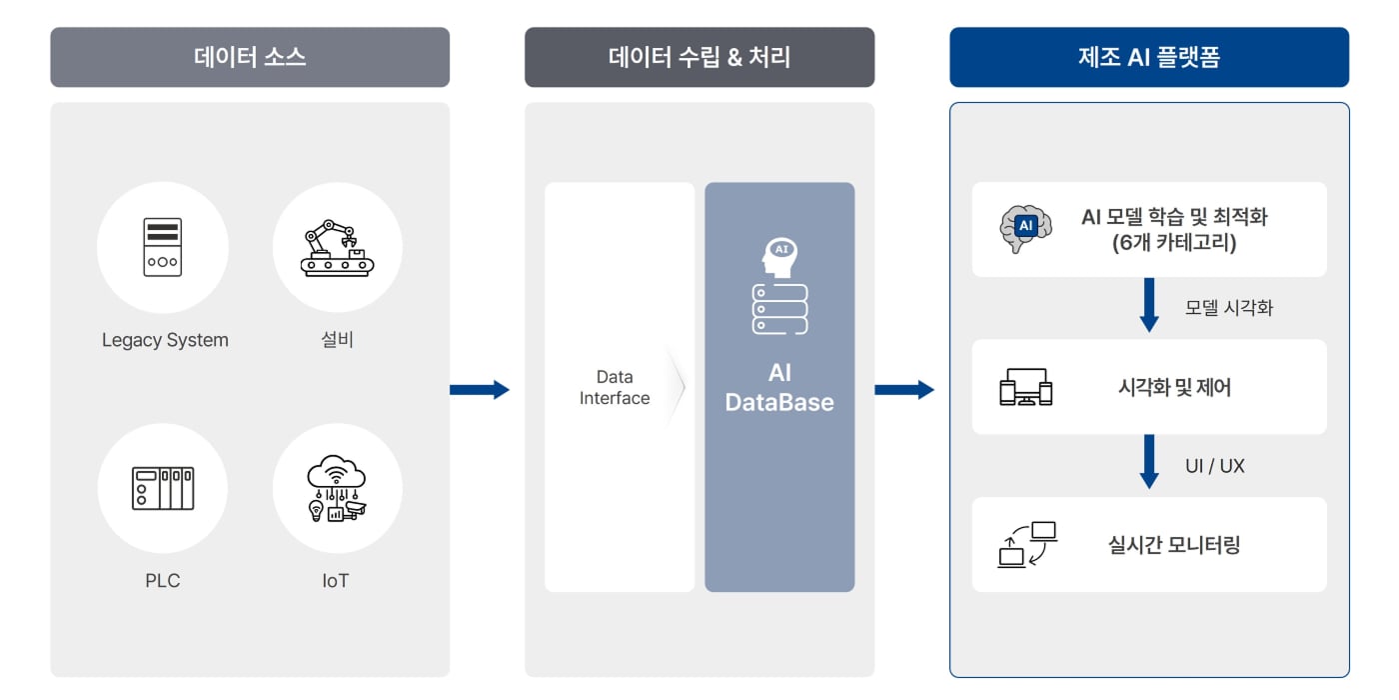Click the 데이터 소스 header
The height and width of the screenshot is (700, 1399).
click(x=250, y=57)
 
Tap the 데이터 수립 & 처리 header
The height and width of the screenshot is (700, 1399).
click(x=699, y=57)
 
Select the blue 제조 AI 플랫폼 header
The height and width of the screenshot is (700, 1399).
click(x=1148, y=57)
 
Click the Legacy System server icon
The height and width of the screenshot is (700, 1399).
click(x=162, y=247)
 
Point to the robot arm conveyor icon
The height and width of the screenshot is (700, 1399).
click(x=337, y=247)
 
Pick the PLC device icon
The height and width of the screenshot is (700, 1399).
click(x=162, y=488)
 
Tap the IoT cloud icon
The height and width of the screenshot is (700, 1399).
click(x=337, y=488)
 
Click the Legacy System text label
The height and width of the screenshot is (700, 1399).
click(x=165, y=340)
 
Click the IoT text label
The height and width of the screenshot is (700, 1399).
click(x=336, y=581)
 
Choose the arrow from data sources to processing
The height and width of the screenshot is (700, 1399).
click(x=480, y=389)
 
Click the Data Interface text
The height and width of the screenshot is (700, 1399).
click(x=614, y=388)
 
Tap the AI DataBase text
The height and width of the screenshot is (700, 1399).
click(x=779, y=388)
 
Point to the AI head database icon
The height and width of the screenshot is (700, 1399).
click(x=779, y=286)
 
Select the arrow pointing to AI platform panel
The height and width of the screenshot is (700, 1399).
click(x=904, y=389)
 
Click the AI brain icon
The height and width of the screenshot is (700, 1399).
click(x=1025, y=228)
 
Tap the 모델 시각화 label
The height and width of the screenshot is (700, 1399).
click(x=1229, y=308)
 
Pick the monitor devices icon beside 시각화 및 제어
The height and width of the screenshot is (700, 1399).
click(x=1026, y=387)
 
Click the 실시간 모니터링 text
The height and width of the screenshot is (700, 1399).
click(x=1174, y=545)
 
